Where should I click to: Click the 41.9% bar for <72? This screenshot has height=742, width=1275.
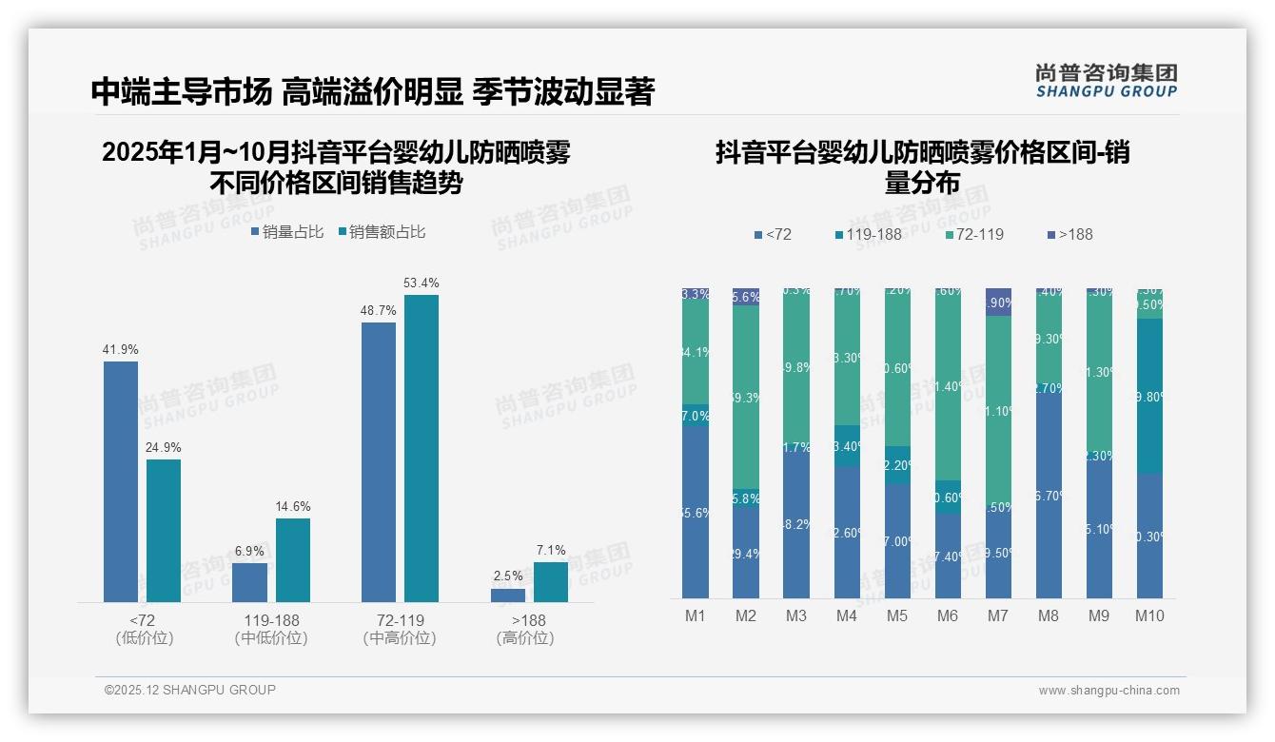121,481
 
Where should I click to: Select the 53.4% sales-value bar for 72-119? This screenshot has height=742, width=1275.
422,448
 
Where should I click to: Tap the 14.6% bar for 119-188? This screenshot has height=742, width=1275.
293,559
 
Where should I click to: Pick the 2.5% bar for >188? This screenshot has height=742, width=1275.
508,595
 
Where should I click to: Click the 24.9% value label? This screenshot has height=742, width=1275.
163,447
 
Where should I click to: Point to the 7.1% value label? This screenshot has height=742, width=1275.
550,550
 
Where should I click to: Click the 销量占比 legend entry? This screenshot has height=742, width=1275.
287,232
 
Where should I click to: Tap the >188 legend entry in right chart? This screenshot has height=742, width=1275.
1069,235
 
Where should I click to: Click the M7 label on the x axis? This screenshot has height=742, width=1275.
998,615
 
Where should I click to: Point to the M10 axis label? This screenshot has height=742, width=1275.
1149,615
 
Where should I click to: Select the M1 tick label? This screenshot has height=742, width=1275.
696,615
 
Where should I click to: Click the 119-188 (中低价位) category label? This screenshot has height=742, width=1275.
271,629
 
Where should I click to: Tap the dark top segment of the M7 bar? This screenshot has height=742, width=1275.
998,302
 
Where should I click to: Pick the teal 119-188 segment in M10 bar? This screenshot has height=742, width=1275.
1149,396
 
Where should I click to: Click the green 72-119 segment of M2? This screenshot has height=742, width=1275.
746,398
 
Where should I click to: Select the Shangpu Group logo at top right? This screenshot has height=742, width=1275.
1106,81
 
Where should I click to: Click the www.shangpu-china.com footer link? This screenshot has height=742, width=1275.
1108,691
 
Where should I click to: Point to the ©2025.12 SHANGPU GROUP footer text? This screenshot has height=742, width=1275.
190,690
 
